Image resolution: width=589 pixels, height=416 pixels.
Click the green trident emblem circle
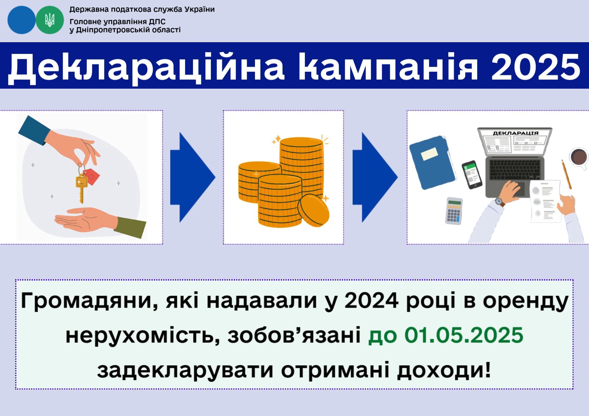pos(50,20)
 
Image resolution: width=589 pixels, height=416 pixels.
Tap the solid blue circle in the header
pos(22,20)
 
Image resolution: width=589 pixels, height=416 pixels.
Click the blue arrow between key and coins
pos(192,177)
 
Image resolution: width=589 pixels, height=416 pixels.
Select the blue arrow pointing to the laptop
pos(375,177)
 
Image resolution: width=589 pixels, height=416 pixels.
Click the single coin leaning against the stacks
pos(313,210)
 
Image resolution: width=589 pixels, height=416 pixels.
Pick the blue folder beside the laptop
pos(432,162)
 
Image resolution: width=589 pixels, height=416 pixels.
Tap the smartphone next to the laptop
pos(472,175)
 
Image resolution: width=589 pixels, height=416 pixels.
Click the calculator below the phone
pos(454,211)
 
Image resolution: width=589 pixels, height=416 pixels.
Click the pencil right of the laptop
pos(566,174)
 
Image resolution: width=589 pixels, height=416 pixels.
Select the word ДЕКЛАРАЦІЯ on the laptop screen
pos(516,133)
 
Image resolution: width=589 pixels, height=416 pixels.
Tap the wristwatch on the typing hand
pos(499,201)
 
